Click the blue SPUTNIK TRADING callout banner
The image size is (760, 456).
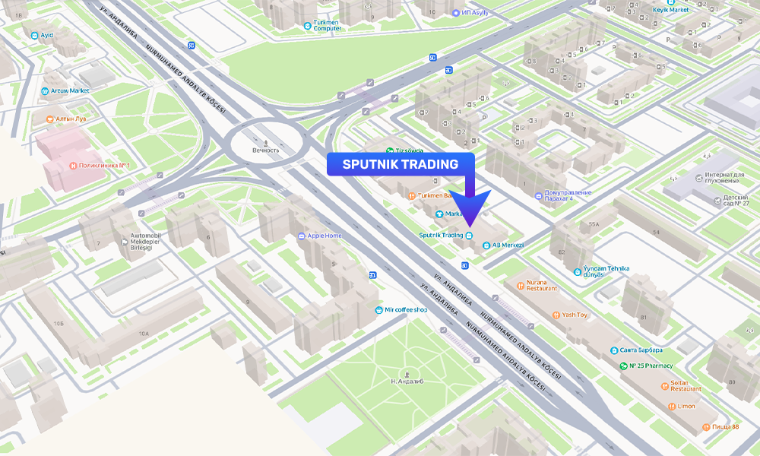coord(401,164)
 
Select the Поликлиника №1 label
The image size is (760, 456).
coord(100,165)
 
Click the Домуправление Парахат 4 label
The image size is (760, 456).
coord(568,195)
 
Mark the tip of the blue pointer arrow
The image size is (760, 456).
coord(470,226)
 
